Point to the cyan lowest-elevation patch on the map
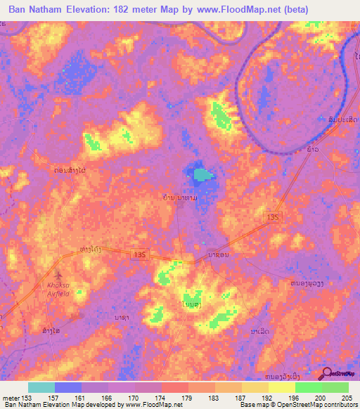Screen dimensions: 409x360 pyautogui.click(x=202, y=174)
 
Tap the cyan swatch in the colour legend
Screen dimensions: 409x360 pyautogui.click(x=41, y=387)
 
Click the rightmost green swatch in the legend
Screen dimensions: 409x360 pyautogui.click(x=335, y=387)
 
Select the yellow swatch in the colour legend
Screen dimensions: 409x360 pyautogui.click(x=282, y=387)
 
